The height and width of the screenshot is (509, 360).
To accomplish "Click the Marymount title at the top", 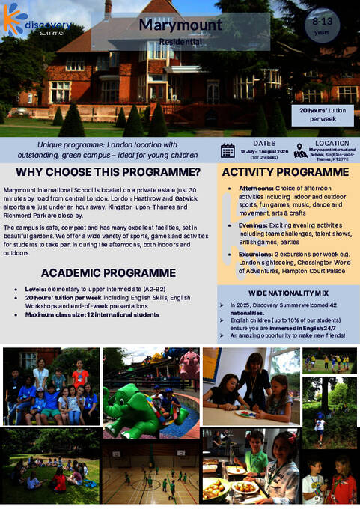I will (180, 25).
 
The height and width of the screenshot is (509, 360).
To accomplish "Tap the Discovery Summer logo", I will (37, 23).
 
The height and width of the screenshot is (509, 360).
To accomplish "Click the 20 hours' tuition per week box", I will (322, 115).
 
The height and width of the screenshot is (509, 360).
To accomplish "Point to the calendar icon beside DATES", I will (228, 150).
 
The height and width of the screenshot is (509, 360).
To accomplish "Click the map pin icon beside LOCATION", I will (301, 150).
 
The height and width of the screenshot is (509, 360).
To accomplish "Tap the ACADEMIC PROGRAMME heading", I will (109, 272).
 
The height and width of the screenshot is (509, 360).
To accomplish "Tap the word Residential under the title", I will (180, 42).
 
